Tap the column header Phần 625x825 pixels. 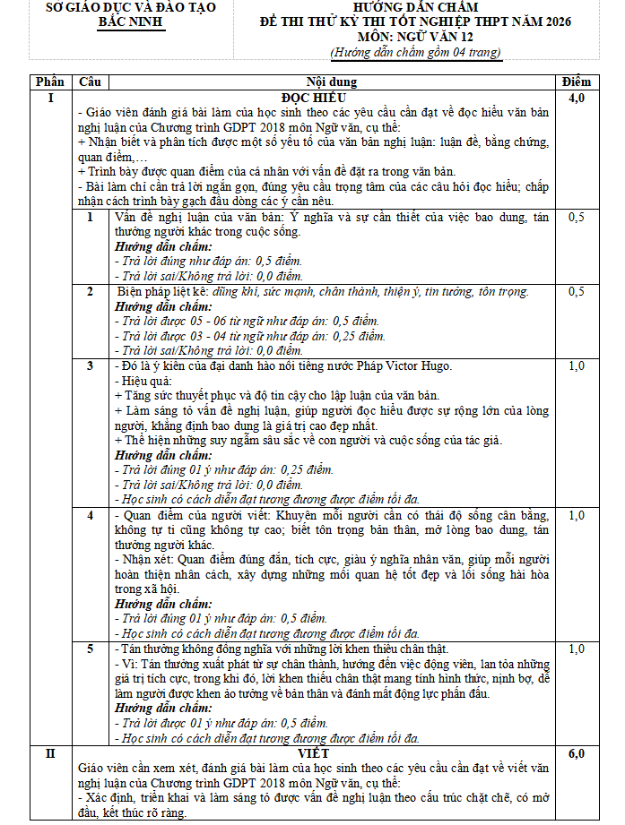[x=48, y=82]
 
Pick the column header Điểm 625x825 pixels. [x=577, y=82]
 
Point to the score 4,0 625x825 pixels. [x=577, y=98]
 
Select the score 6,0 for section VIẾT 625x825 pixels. [x=577, y=754]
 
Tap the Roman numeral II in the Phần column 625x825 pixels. [x=49, y=754]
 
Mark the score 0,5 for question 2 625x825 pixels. [x=577, y=292]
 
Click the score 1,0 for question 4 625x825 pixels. [x=577, y=515]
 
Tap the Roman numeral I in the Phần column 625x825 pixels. [x=49, y=98]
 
